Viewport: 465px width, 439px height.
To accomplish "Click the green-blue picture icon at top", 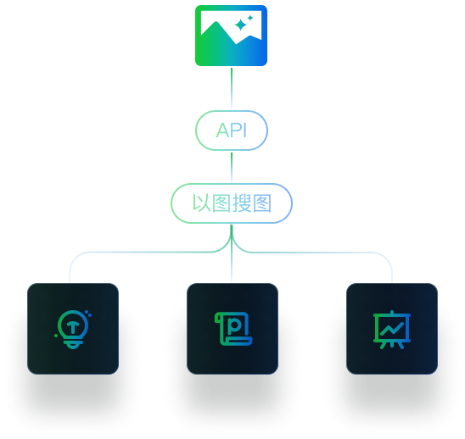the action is click(231, 36).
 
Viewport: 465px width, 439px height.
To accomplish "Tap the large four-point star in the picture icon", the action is click(240, 25).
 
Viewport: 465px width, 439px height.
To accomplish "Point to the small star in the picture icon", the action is click(250, 18).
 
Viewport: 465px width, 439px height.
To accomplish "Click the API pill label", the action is click(232, 131).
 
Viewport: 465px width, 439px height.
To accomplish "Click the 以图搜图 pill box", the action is click(232, 203).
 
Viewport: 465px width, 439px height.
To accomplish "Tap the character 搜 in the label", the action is click(242, 203).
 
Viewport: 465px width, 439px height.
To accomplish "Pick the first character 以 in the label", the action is click(202, 203).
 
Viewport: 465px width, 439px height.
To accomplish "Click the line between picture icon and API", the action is click(232, 88).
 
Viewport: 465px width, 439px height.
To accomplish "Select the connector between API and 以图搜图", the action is click(232, 167).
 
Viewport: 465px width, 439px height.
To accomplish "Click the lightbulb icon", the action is click(73, 329).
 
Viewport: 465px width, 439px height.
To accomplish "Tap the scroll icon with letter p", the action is click(233, 329).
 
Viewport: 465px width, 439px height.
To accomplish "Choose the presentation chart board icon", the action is click(392, 330).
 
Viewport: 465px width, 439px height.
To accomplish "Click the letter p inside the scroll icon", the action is click(234, 325).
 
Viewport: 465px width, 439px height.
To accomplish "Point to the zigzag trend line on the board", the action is click(392, 329).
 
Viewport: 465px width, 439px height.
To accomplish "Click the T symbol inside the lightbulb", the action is click(73, 327).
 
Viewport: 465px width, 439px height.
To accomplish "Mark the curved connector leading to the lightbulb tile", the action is click(143, 252).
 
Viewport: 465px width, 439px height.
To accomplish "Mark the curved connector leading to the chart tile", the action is click(320, 253).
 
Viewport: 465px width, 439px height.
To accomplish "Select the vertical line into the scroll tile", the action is click(232, 253).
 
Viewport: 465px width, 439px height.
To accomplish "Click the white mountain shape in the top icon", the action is click(231, 26).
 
